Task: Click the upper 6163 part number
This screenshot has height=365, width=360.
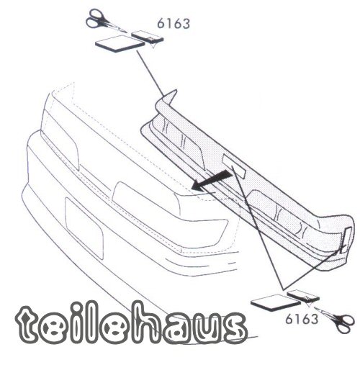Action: point(174,24)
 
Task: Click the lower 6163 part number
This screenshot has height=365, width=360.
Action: point(302,319)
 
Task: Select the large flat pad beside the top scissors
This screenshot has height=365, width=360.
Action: point(120,43)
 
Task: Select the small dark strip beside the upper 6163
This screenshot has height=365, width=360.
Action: point(148,37)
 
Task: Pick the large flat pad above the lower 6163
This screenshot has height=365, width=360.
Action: point(275,303)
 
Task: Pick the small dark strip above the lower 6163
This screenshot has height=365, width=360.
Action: point(303,296)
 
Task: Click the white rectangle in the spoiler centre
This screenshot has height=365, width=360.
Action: point(234,166)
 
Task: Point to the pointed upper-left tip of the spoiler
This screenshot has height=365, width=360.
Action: point(176,90)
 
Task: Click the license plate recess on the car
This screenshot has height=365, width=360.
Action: point(84,228)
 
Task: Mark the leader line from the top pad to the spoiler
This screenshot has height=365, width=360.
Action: point(150,73)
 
